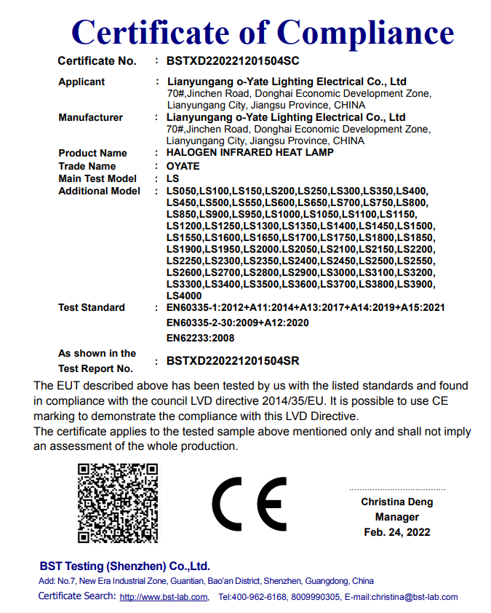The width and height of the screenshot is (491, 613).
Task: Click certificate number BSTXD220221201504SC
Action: point(233,61)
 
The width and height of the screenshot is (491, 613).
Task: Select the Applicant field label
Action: point(81,82)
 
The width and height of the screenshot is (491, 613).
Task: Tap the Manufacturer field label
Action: point(90,117)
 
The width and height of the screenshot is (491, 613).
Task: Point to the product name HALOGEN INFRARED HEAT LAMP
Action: point(250,153)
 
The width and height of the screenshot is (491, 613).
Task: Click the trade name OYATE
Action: point(183,166)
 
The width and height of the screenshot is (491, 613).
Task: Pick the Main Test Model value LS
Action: point(172,178)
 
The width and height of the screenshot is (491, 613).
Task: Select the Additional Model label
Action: point(99,191)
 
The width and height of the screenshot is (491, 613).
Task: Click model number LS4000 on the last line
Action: point(184,296)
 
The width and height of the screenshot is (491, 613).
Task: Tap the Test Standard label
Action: point(91,308)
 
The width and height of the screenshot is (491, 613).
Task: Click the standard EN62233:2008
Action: point(201,338)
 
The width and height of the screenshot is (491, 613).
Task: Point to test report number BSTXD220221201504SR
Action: point(233,360)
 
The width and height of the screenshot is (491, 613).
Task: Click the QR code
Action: point(118,502)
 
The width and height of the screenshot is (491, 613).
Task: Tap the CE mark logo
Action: point(250,504)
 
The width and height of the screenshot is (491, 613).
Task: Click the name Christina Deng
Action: point(396,502)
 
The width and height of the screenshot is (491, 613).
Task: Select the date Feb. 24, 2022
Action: point(396,532)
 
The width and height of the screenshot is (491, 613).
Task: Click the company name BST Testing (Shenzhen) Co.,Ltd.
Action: point(124,566)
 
